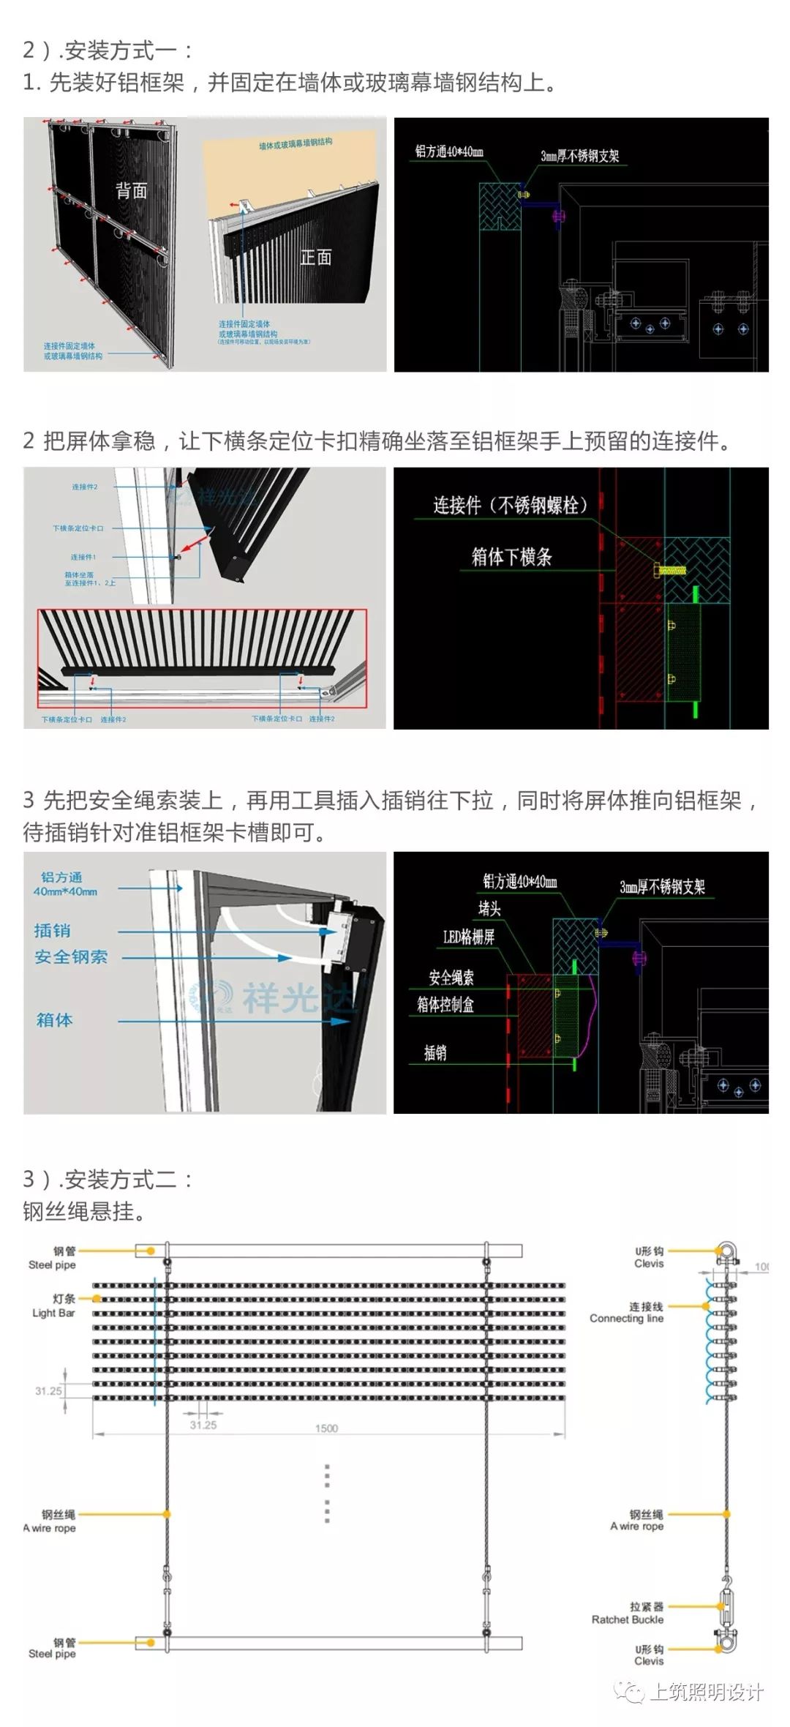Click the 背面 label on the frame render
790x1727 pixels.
pyautogui.click(x=132, y=191)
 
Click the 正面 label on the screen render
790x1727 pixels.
pyautogui.click(x=315, y=257)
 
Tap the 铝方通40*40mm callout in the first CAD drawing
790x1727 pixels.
pyautogui.click(x=449, y=152)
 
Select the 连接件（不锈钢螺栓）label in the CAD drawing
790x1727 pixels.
pyautogui.click(x=511, y=506)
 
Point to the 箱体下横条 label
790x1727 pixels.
pyautogui.click(x=511, y=557)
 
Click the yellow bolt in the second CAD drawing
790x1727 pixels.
pyautogui.click(x=669, y=569)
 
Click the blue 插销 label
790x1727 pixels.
pyautogui.click(x=53, y=931)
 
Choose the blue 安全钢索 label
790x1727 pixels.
pyautogui.click(x=71, y=957)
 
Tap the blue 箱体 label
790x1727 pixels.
pyautogui.click(x=55, y=1020)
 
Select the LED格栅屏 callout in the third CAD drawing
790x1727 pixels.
pyautogui.click(x=468, y=937)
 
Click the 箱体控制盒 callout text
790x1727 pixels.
pyautogui.click(x=445, y=1005)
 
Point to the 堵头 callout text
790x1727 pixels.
pyautogui.click(x=489, y=909)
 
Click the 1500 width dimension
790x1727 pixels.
pyautogui.click(x=326, y=1428)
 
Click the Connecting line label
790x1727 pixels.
pyautogui.click(x=628, y=1312)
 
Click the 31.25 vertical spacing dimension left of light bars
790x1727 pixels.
pyautogui.click(x=48, y=1390)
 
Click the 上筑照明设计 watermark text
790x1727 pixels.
pyautogui.click(x=706, y=1692)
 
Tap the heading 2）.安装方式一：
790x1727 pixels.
pyautogui.click(x=108, y=50)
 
